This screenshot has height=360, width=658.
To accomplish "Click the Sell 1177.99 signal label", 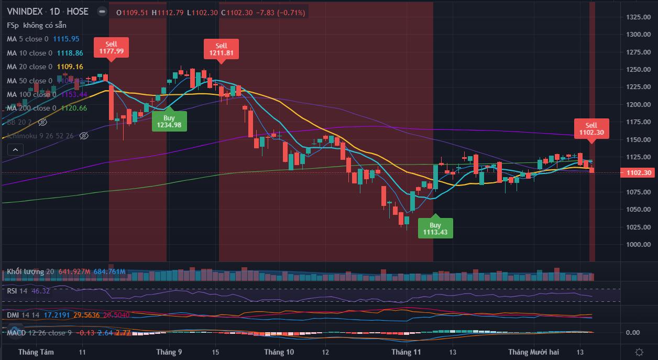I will tap(111, 47).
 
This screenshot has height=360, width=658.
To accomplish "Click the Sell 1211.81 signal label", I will tap(221, 49).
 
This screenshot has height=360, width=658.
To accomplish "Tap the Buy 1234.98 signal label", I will tap(169, 121).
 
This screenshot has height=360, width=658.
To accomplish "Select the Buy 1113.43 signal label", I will tap(435, 228).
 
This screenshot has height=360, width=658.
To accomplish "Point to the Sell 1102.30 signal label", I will tap(591, 129).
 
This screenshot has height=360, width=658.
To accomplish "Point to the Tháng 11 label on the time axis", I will tap(407, 352).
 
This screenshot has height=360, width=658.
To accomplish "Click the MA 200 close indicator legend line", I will tap(31, 108).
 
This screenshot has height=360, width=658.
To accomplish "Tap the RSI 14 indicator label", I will tap(17, 291).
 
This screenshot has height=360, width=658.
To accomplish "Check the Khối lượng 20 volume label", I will tap(30, 271).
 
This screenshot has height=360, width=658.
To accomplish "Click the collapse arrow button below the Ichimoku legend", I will tap(15, 149).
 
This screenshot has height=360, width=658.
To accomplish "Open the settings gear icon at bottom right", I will tap(639, 352).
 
